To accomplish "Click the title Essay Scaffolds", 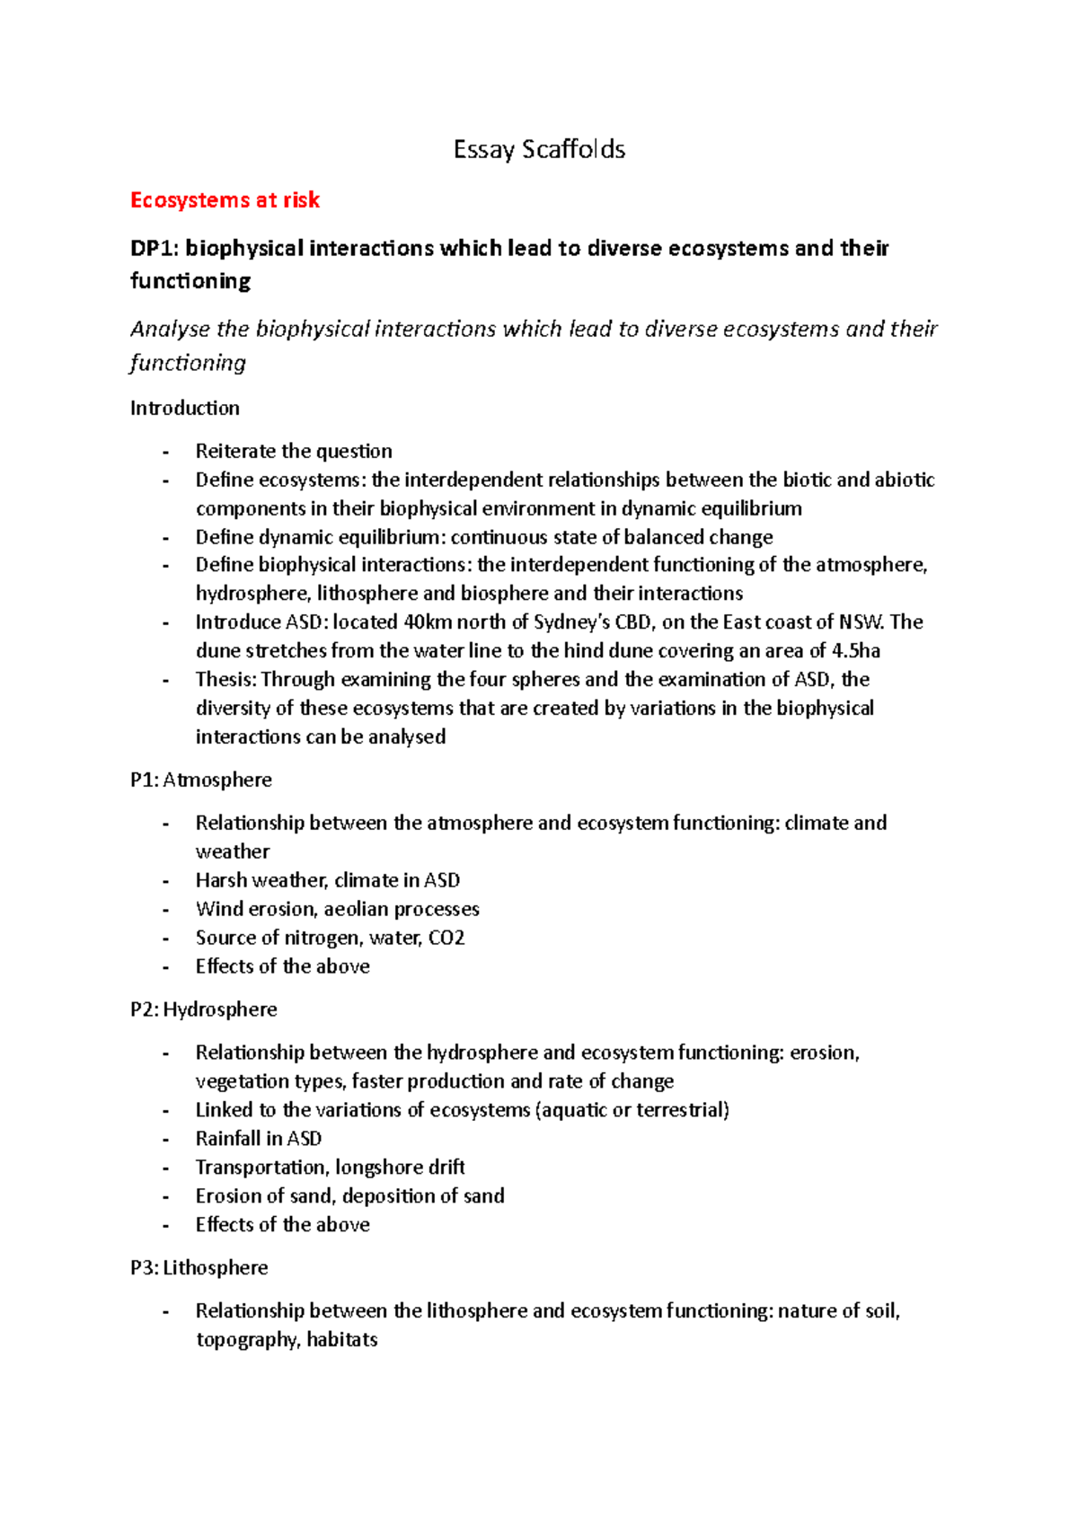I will click(x=539, y=149).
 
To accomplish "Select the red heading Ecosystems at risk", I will click(x=225, y=200).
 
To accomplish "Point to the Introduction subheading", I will click(x=184, y=409).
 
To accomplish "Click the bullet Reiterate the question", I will click(x=294, y=451).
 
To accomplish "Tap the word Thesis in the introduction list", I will click(x=225, y=680).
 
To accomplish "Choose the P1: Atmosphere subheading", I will click(x=200, y=780).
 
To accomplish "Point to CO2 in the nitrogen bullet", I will click(x=446, y=938).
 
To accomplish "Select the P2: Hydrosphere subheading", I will click(x=203, y=1009).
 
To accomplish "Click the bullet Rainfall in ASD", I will click(x=258, y=1139).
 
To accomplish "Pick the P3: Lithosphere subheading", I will click(x=199, y=1268).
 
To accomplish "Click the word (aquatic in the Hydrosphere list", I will click(x=570, y=1110).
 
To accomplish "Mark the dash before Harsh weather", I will click(x=165, y=881).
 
